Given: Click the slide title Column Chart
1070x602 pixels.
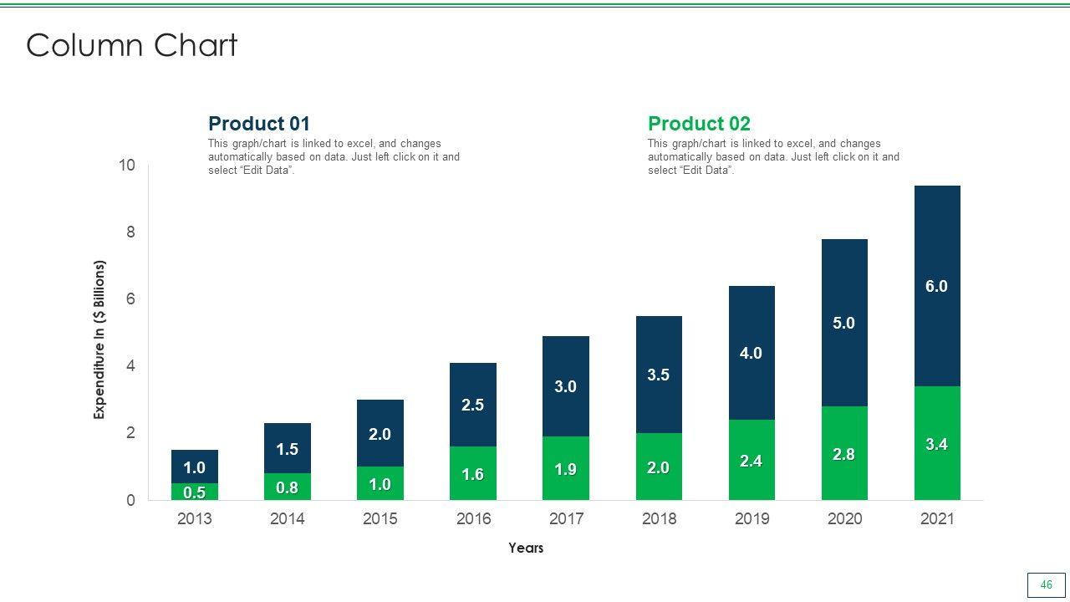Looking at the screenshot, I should point(132,45).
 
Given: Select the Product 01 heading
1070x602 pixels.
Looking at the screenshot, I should point(259,124).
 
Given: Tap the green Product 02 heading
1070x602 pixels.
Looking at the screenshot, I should point(699,124).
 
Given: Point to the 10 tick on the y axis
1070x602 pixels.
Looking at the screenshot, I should point(127,166).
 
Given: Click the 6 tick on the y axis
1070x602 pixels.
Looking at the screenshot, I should point(131,299).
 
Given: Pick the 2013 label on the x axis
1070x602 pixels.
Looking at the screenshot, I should point(195,518).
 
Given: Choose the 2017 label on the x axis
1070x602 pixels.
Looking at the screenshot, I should point(566,518).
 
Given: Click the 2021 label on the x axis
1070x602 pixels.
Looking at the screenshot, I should point(937,518).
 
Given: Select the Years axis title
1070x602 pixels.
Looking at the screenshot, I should point(526,548).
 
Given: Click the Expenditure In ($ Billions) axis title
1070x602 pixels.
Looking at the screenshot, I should point(100,339).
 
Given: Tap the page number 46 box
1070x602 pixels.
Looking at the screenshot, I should point(1046,585).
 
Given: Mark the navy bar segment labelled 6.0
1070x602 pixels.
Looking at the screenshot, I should point(937,251).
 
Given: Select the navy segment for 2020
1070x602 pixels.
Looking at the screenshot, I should point(844,323).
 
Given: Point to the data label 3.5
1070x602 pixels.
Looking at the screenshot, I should point(659,375).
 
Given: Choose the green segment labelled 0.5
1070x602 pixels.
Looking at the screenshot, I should point(195,492).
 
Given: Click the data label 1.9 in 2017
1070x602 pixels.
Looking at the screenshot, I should point(566,470).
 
